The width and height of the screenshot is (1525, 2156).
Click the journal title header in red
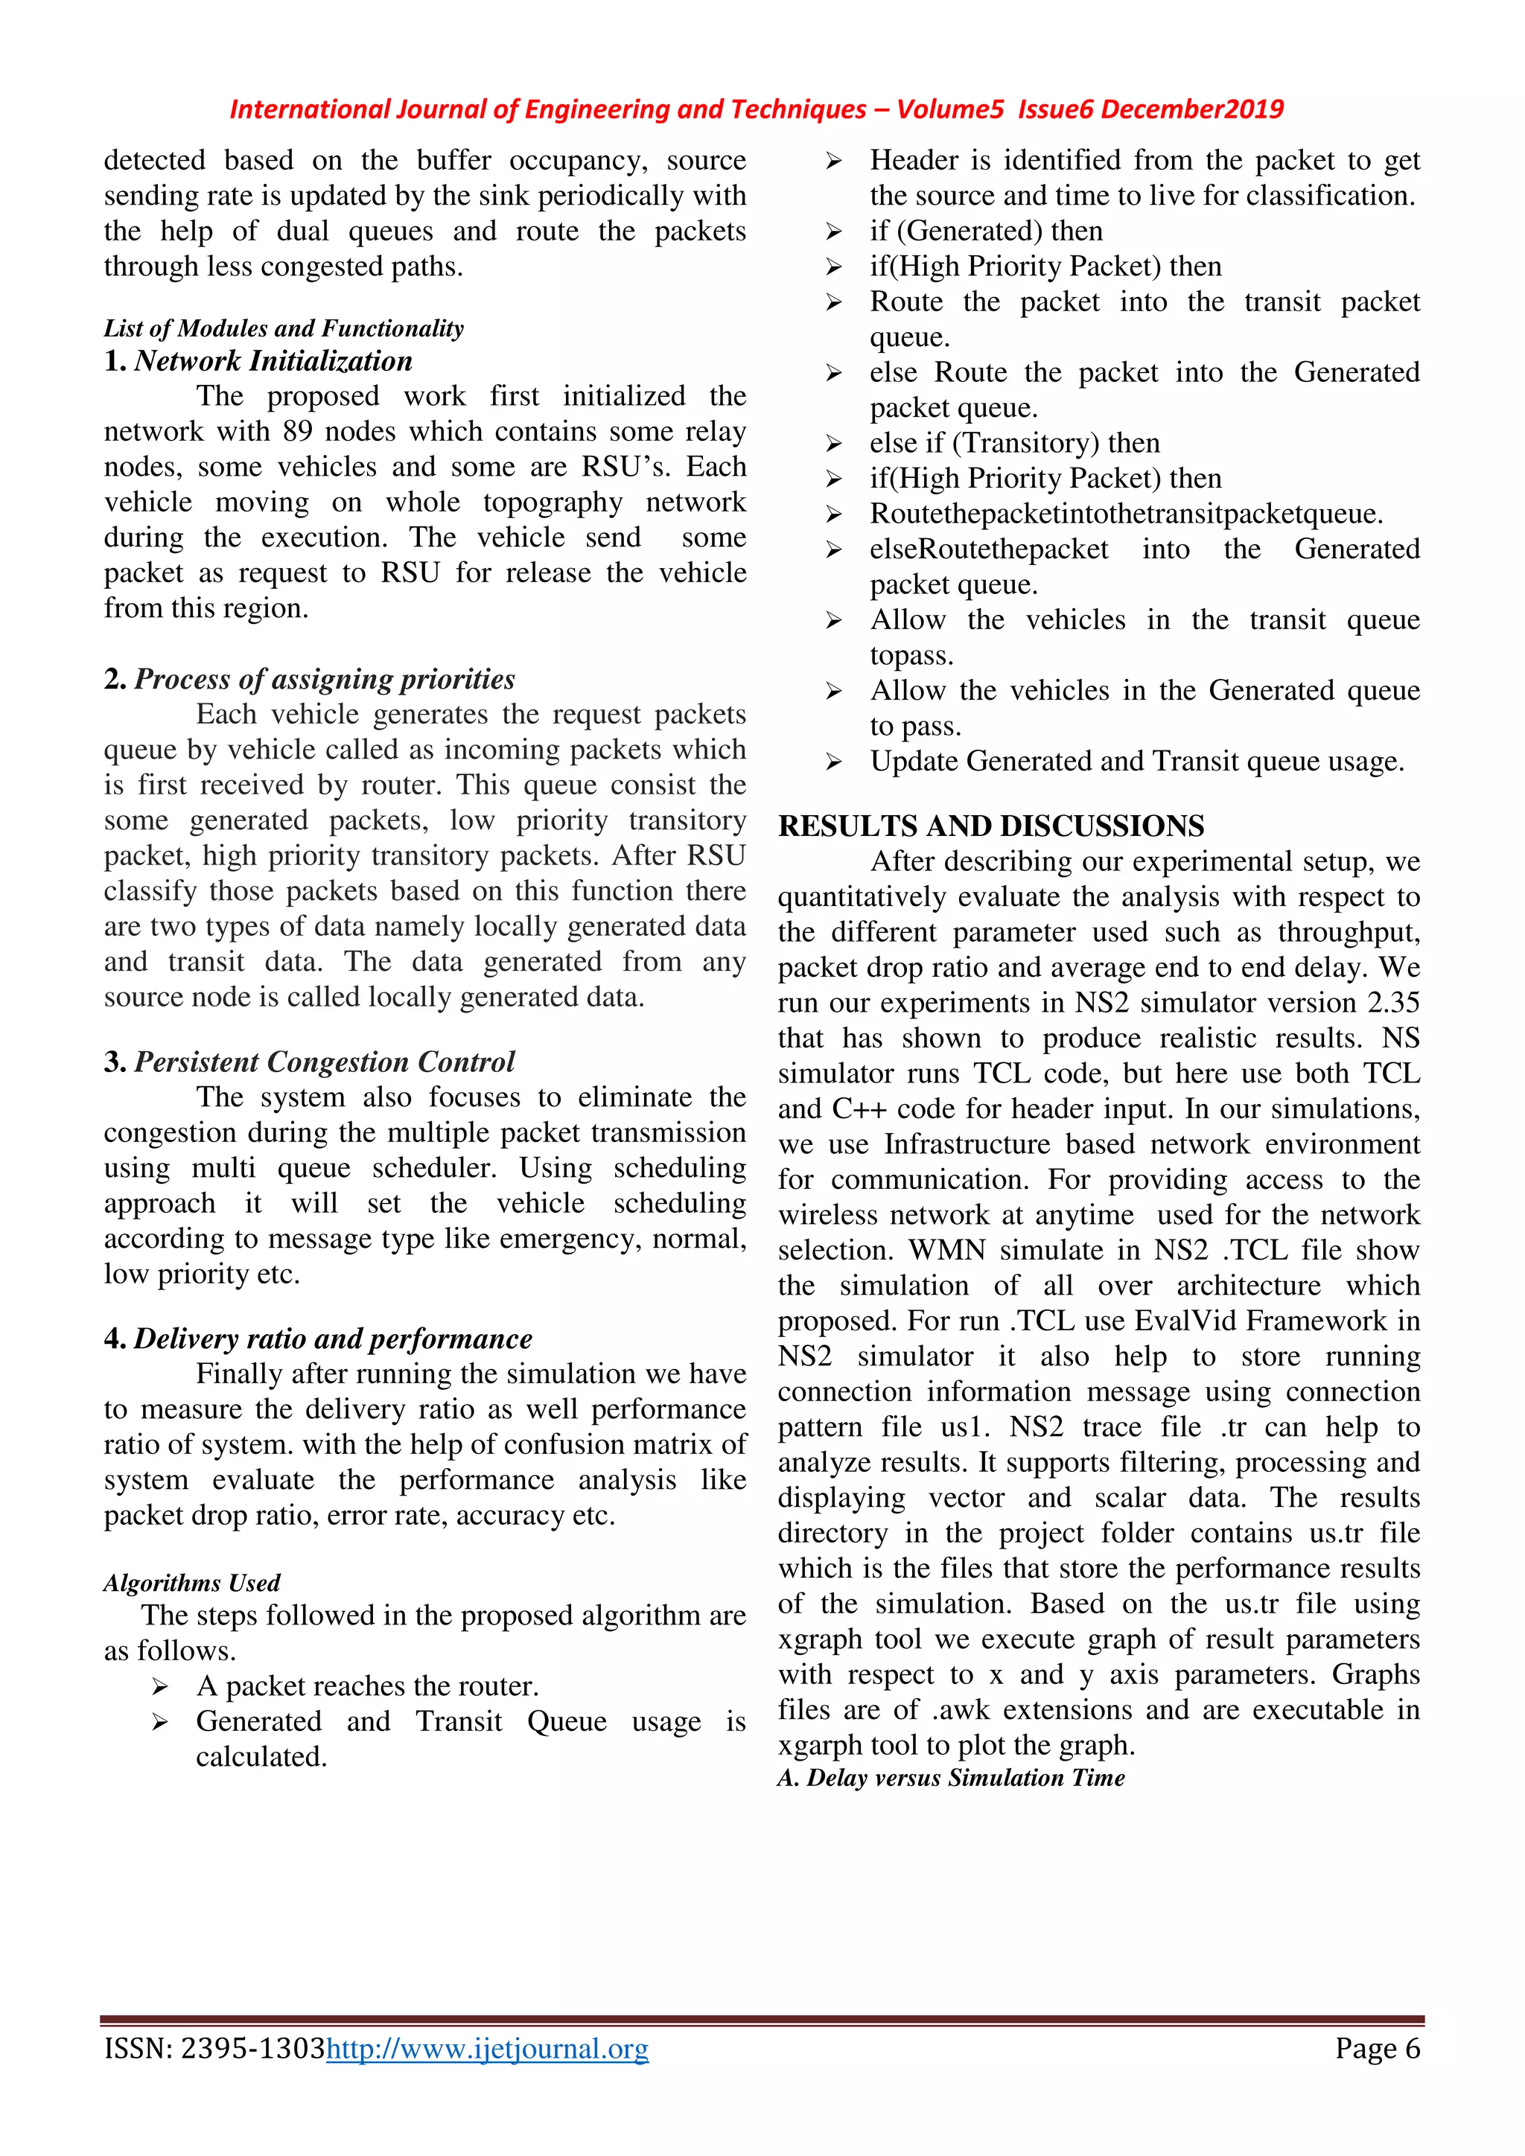756,110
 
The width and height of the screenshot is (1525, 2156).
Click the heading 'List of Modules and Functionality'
284,328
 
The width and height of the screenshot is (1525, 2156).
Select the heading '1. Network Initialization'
258,362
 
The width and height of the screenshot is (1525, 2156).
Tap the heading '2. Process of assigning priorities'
309,679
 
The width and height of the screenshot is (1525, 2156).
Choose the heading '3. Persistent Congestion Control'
309,1062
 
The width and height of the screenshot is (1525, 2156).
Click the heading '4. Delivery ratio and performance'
317,1339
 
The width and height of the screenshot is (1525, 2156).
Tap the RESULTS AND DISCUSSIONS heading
990,826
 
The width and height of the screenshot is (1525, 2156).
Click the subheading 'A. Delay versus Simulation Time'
950,1779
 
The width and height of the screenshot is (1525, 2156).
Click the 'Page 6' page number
1377,2049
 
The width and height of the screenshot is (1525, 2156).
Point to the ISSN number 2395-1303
252,2049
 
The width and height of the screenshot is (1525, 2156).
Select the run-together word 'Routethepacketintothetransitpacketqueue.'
1126,514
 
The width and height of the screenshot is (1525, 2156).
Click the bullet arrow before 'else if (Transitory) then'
834,444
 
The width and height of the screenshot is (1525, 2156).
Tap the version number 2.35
1392,1003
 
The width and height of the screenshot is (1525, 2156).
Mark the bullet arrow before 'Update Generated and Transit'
834,762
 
